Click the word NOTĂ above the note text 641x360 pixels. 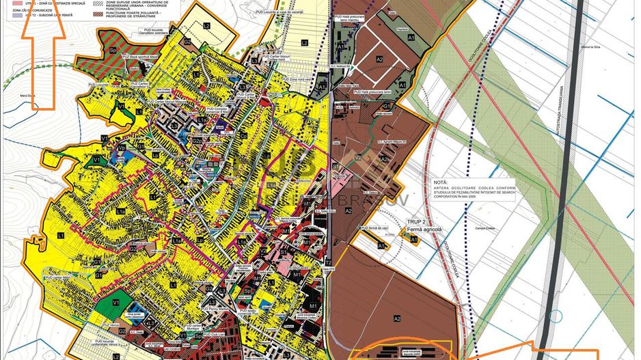click(x=441, y=183)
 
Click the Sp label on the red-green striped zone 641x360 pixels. click(x=111, y=51)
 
